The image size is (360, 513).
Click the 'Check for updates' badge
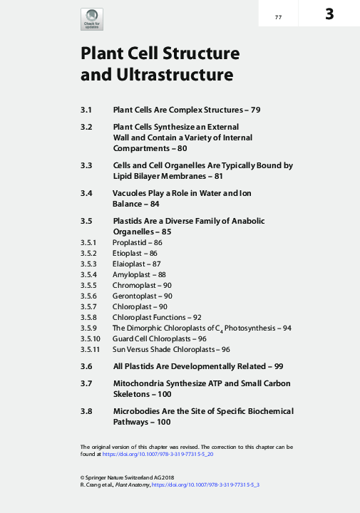92,19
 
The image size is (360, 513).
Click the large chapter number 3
330,14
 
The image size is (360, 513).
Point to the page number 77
278,16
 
